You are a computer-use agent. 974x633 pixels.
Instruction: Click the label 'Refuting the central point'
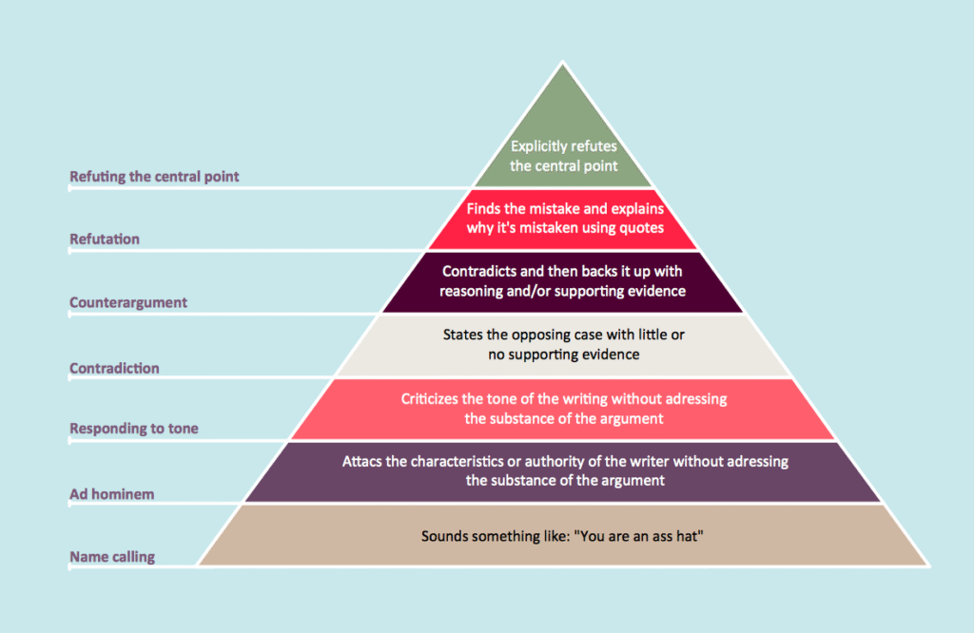(x=154, y=177)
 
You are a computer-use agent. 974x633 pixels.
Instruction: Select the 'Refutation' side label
(x=105, y=240)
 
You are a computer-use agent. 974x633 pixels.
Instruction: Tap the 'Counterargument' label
(x=128, y=303)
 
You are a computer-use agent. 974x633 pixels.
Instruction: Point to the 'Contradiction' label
(x=114, y=368)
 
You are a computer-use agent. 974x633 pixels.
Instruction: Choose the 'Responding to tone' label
(x=134, y=429)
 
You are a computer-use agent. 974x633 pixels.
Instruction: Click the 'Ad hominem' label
(x=112, y=494)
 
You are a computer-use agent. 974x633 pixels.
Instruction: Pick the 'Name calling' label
(x=112, y=557)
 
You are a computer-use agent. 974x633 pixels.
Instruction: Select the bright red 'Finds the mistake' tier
(x=563, y=218)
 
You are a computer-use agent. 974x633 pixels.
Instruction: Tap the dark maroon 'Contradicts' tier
(x=563, y=281)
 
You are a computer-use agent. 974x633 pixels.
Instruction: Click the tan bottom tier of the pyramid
(x=563, y=536)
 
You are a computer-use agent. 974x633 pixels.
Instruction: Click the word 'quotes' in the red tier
(x=639, y=227)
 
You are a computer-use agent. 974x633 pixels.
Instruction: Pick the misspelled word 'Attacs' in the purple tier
(x=362, y=462)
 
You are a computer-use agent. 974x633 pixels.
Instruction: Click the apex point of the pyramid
(x=563, y=64)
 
